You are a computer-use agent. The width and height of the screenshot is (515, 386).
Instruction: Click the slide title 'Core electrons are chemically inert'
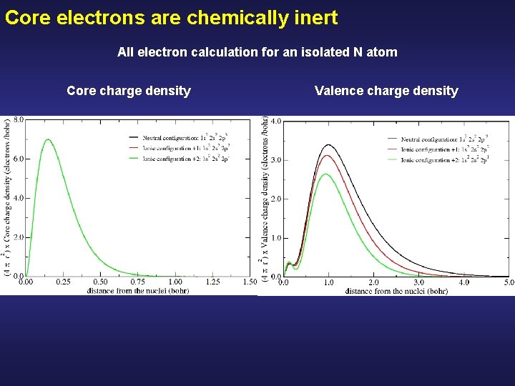171,18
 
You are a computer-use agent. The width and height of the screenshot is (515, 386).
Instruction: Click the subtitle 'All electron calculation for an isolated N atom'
257,52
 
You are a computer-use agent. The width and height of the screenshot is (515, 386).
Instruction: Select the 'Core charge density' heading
129,91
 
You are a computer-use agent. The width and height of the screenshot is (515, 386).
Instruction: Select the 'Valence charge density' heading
386,91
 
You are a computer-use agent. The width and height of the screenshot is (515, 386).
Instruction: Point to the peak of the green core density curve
47,139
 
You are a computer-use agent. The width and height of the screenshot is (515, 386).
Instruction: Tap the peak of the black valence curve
329,144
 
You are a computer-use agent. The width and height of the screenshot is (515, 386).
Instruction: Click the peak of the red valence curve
328,156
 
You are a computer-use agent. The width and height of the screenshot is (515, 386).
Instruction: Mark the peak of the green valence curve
326,174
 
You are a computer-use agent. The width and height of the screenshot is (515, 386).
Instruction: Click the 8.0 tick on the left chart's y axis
19,120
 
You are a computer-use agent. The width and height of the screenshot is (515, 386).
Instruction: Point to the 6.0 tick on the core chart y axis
19,159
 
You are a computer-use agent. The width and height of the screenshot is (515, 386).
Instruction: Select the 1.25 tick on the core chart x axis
212,282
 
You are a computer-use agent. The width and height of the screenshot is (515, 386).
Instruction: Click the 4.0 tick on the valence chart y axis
275,121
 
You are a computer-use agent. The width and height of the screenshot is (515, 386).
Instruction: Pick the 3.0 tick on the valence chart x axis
419,283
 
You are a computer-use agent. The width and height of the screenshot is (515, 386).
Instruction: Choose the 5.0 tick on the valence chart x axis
509,283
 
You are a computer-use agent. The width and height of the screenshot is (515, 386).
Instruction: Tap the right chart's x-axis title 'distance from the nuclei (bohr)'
396,292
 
